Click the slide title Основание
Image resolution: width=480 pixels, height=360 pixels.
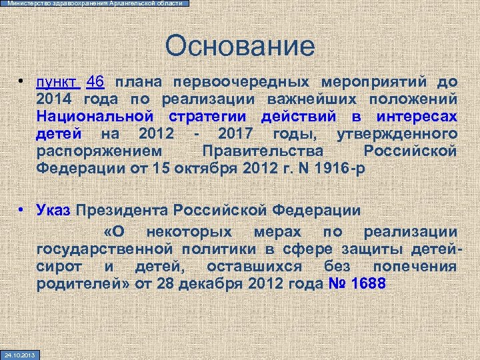point(240,46)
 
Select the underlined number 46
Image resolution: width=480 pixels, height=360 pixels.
point(95,82)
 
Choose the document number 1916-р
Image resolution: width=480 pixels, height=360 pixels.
point(341,167)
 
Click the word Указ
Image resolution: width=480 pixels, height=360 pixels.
point(53,211)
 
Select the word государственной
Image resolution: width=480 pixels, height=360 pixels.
point(99,249)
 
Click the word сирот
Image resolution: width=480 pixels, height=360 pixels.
point(59,267)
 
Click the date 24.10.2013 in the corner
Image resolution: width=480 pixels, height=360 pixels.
point(19,354)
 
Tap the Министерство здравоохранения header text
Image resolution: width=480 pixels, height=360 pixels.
point(94,3)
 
